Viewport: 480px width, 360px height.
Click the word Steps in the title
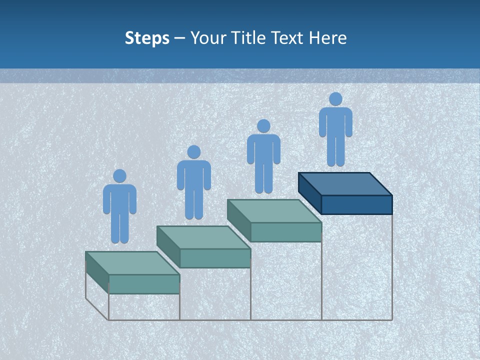pos(147,38)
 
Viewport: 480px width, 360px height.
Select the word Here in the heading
pos(327,38)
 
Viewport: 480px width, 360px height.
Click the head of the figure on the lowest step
pos(119,176)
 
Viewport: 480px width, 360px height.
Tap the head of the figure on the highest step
pos(335,99)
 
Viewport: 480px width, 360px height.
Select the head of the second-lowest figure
pos(193,152)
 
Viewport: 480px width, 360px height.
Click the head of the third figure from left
pos(263,126)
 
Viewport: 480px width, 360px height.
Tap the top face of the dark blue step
pos(345,184)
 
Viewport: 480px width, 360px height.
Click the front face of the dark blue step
pos(356,204)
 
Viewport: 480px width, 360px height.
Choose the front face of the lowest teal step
pos(144,284)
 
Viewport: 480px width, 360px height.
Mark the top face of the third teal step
pos(274,211)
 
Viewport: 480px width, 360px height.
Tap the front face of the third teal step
pos(285,232)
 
